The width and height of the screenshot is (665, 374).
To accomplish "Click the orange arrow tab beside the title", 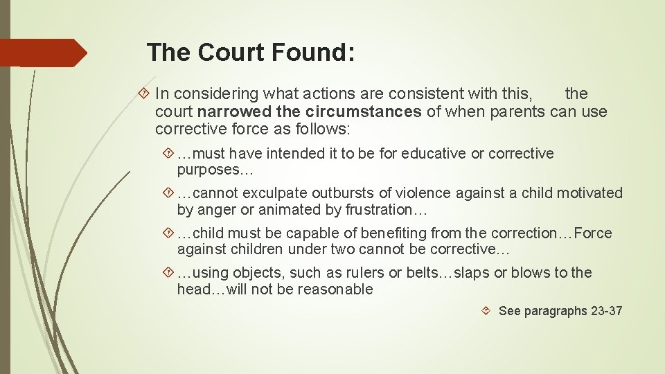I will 43,53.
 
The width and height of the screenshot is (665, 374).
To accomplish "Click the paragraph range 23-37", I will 607,311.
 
